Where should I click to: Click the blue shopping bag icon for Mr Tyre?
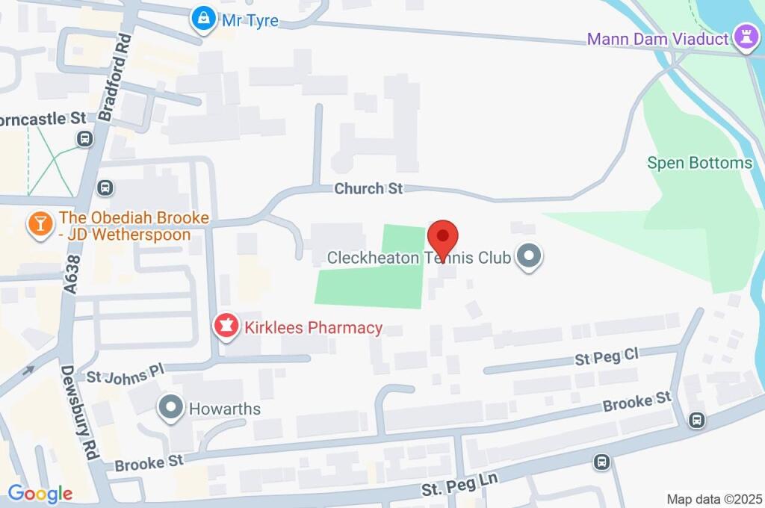tap(202, 20)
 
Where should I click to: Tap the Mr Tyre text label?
tap(250, 21)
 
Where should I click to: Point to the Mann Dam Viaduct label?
tap(657, 38)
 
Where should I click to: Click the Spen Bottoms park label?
tap(699, 163)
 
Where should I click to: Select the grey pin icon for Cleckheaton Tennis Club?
tap(530, 258)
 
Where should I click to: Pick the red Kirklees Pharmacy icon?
tap(226, 327)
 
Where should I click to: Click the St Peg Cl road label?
tap(606, 358)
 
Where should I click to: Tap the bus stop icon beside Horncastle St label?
tap(85, 138)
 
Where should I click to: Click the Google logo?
tap(40, 493)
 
